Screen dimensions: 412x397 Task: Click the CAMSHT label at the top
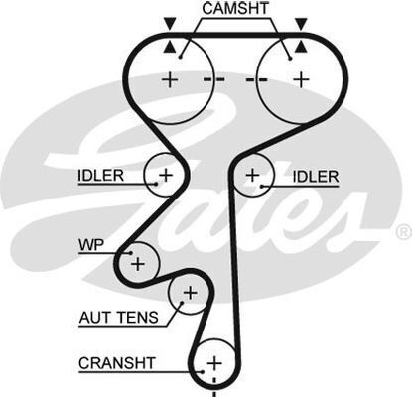pyautogui.click(x=235, y=8)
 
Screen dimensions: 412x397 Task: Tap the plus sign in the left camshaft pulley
pyautogui.click(x=170, y=79)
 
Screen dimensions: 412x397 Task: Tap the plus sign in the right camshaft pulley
pyautogui.click(x=301, y=79)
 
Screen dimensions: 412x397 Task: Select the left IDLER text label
pyautogui.click(x=101, y=176)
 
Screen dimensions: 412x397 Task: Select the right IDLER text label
pyautogui.click(x=316, y=177)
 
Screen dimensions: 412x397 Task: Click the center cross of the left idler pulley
pyautogui.click(x=166, y=175)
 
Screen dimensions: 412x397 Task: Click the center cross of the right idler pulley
pyautogui.click(x=252, y=175)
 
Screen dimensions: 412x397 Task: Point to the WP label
pyautogui.click(x=91, y=245)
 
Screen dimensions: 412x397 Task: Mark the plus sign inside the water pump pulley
pyautogui.click(x=138, y=264)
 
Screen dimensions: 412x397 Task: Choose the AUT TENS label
pyautogui.click(x=119, y=318)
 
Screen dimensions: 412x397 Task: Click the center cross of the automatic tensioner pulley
pyautogui.click(x=191, y=293)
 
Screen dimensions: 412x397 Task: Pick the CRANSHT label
pyautogui.click(x=117, y=363)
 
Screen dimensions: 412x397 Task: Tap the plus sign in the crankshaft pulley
pyautogui.click(x=214, y=363)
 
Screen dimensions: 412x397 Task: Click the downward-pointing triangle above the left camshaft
pyautogui.click(x=170, y=24)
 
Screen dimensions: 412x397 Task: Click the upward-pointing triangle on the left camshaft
pyautogui.click(x=170, y=47)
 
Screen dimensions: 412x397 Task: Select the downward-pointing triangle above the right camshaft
pyautogui.click(x=301, y=24)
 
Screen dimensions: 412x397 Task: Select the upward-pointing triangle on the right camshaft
pyautogui.click(x=301, y=47)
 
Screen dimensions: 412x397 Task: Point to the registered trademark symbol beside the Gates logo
pyautogui.click(x=404, y=232)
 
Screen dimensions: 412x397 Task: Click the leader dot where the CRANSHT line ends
pyautogui.click(x=202, y=371)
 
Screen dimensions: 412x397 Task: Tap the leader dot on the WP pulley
pyautogui.click(x=131, y=253)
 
